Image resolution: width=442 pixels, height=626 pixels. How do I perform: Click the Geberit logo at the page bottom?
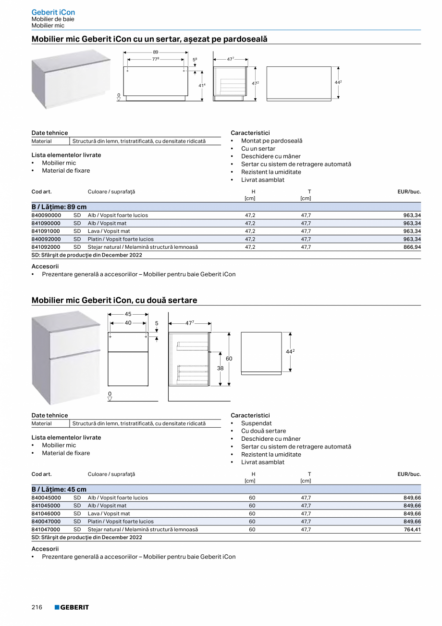tap(72, 607)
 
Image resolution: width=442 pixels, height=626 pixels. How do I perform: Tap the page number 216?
tap(37, 607)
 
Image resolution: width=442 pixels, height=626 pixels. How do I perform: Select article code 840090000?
tap(46, 216)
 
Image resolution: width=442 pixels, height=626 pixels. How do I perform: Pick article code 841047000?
tap(46, 529)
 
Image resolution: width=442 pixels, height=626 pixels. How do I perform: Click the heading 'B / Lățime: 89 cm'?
tap(59, 207)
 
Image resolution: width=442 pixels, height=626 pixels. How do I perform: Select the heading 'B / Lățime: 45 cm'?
tap(59, 489)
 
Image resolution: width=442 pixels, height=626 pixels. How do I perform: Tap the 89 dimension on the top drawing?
tap(155, 51)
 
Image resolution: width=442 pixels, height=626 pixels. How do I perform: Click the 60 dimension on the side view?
tap(229, 359)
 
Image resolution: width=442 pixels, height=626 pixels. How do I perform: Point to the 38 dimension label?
tap(220, 369)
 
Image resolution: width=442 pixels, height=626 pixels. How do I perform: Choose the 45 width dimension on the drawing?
tap(128, 314)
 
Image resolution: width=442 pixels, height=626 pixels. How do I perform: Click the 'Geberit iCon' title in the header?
tap(53, 12)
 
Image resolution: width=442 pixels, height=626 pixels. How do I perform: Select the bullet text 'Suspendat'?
tap(256, 423)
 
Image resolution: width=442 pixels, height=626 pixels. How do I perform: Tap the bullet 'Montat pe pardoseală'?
tap(271, 141)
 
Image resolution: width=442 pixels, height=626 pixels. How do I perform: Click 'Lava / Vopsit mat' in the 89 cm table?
tap(109, 231)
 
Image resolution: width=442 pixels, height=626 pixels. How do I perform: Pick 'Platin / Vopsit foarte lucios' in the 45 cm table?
tap(121, 522)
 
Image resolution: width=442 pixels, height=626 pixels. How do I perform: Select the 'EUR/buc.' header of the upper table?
tap(409, 192)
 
